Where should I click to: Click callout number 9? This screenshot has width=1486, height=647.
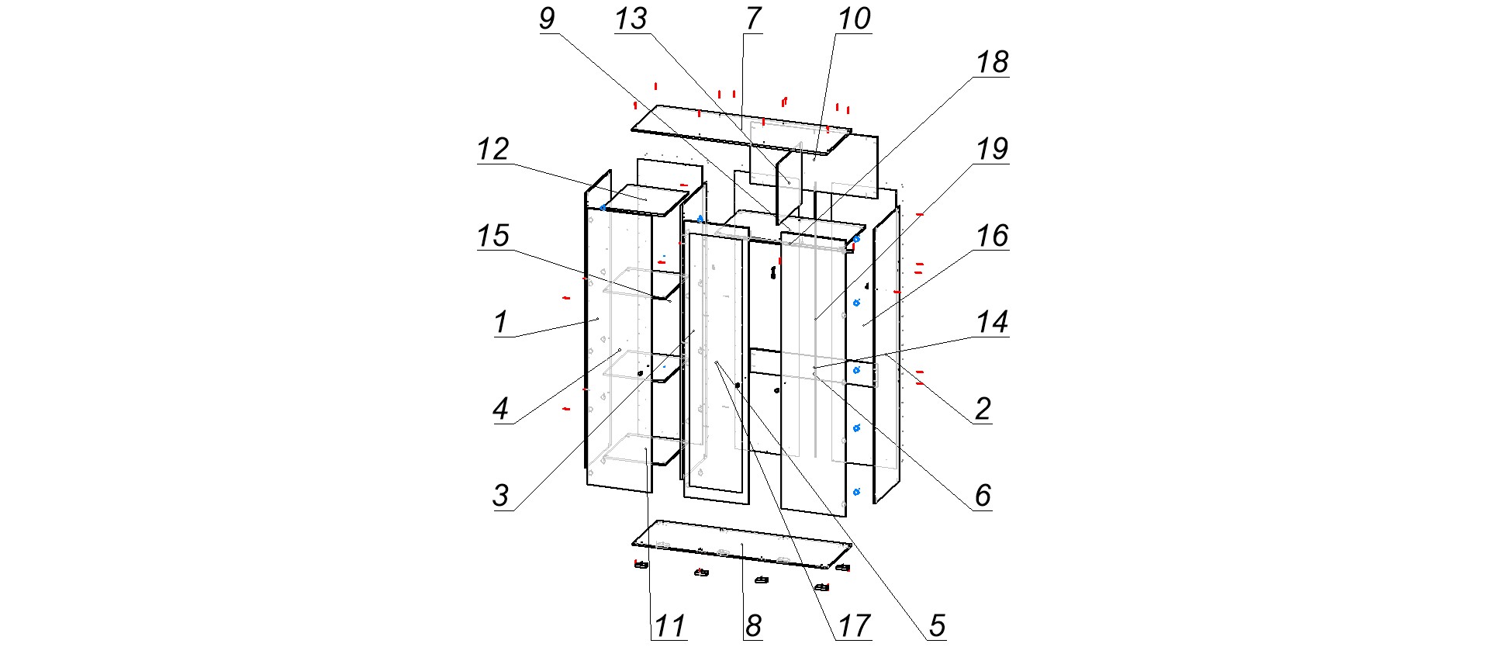point(547,19)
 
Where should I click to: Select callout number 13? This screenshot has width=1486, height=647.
point(631,19)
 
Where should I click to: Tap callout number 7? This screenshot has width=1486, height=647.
point(752,19)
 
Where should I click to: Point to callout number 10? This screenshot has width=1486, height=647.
point(854,19)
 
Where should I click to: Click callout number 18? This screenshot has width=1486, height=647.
point(992,63)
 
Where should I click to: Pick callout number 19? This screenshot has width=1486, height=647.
point(992,149)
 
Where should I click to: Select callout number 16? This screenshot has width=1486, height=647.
point(992,236)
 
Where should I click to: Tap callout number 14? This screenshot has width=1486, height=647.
point(992,322)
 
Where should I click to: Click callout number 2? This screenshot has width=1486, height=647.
point(983,409)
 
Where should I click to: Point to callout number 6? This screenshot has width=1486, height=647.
point(983,495)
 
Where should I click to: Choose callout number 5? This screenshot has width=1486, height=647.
point(937,625)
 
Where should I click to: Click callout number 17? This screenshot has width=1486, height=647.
point(854,625)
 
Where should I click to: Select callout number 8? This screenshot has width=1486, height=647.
point(752,625)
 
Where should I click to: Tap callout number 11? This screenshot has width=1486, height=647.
point(669,625)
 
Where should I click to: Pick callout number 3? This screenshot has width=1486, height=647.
point(501,495)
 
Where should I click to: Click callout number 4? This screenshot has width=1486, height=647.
point(501,409)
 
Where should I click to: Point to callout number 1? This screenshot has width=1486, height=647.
point(501,322)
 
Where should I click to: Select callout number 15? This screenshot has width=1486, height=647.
point(493,236)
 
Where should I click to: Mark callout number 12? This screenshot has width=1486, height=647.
point(493,149)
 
